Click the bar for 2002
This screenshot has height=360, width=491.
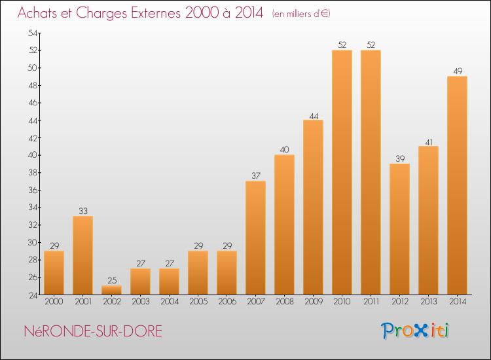(111, 290)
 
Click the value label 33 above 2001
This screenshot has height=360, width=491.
(82, 211)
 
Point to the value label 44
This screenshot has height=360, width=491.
(313, 115)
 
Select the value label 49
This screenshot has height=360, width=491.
(457, 71)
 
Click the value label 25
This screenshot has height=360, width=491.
(111, 281)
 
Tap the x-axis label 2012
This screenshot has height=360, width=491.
(399, 301)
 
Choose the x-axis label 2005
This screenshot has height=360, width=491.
(198, 301)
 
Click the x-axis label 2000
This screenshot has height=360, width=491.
(54, 301)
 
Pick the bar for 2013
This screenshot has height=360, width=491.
(428, 220)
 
